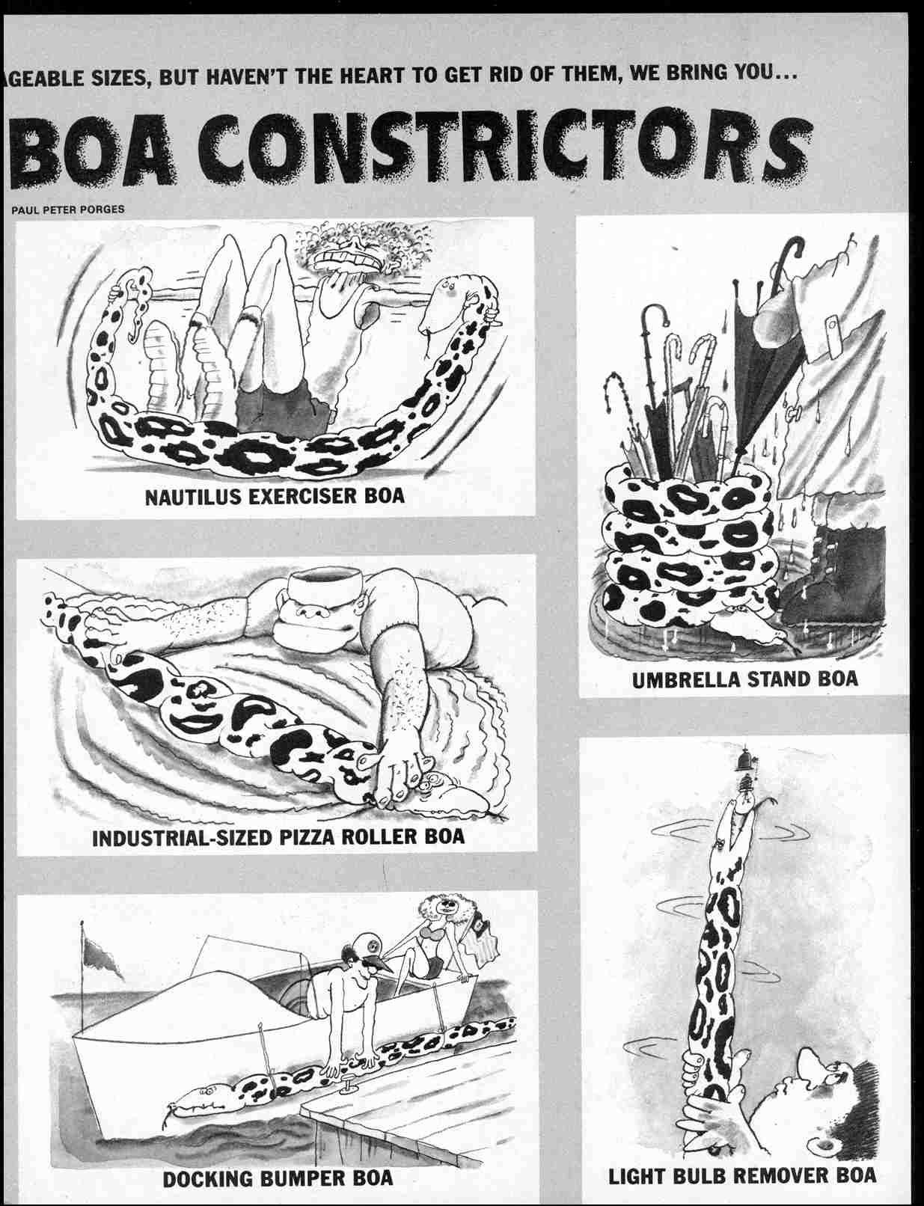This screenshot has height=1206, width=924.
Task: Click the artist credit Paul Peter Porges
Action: (67, 209)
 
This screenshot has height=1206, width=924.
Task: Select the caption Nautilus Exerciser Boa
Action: (275, 495)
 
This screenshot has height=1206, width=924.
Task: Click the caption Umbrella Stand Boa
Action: (744, 679)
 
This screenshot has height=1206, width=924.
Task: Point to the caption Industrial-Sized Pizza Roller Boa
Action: (278, 836)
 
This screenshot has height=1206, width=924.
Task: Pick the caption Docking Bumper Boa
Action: (278, 1177)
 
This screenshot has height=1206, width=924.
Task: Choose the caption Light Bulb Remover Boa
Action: (742, 1175)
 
